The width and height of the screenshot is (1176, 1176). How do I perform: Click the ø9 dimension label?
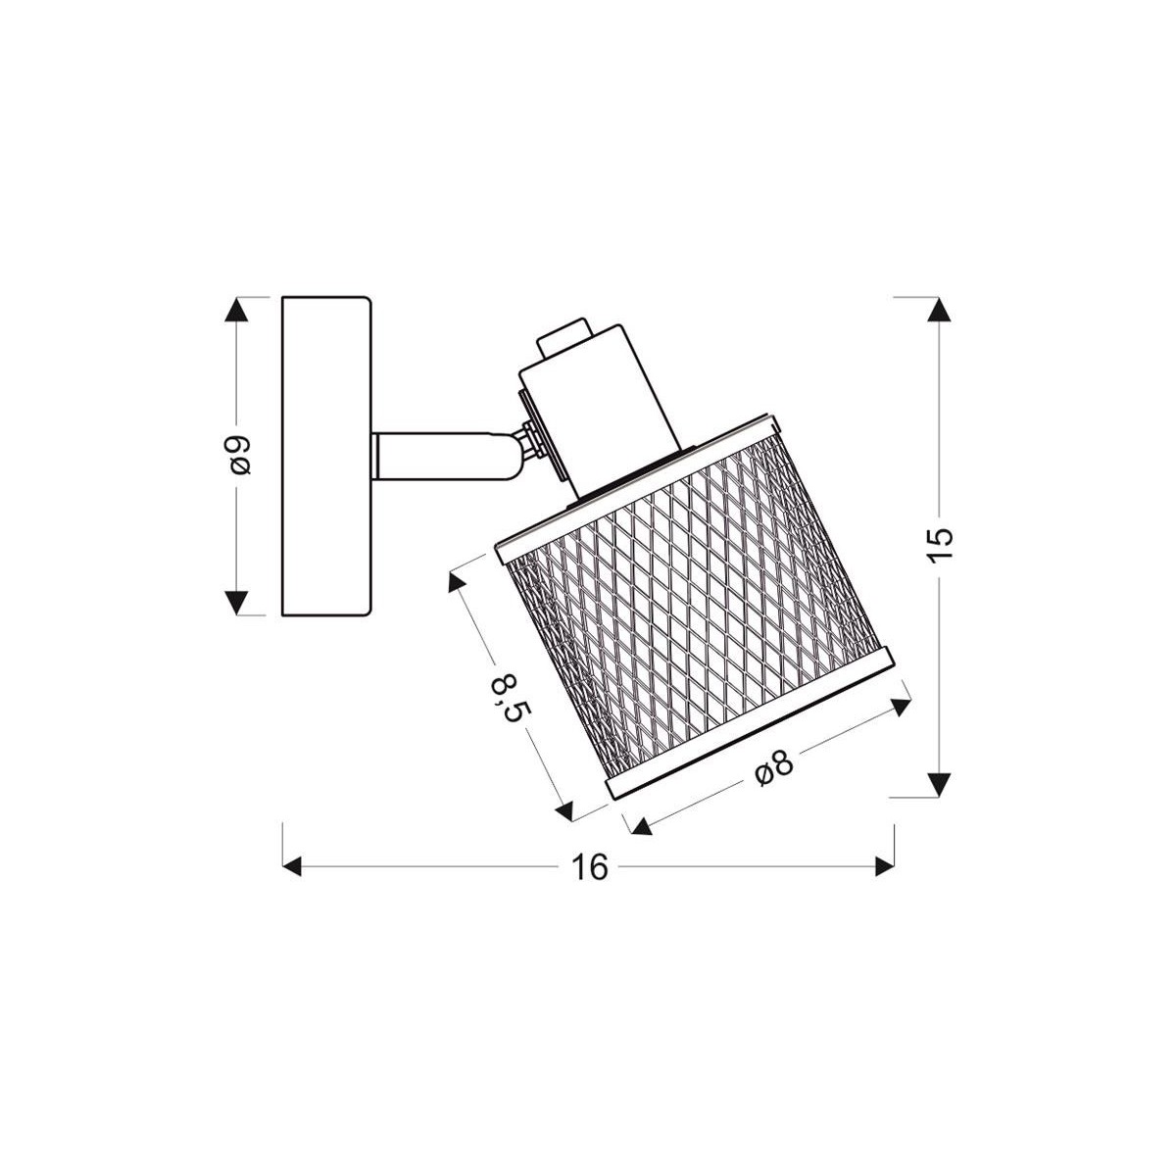238,455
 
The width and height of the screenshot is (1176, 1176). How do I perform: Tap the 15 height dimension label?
939,544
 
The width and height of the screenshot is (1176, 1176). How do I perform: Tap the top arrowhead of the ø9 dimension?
236,311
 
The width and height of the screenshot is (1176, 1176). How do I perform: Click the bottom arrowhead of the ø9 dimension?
236,601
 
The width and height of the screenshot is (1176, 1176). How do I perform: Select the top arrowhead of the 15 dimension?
939,309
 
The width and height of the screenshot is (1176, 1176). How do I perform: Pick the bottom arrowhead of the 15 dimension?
939,783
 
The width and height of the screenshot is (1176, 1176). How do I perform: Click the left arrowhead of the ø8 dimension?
642,826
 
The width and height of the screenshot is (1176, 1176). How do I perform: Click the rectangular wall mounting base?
325,457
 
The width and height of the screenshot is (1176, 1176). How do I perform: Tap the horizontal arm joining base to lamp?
441,458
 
